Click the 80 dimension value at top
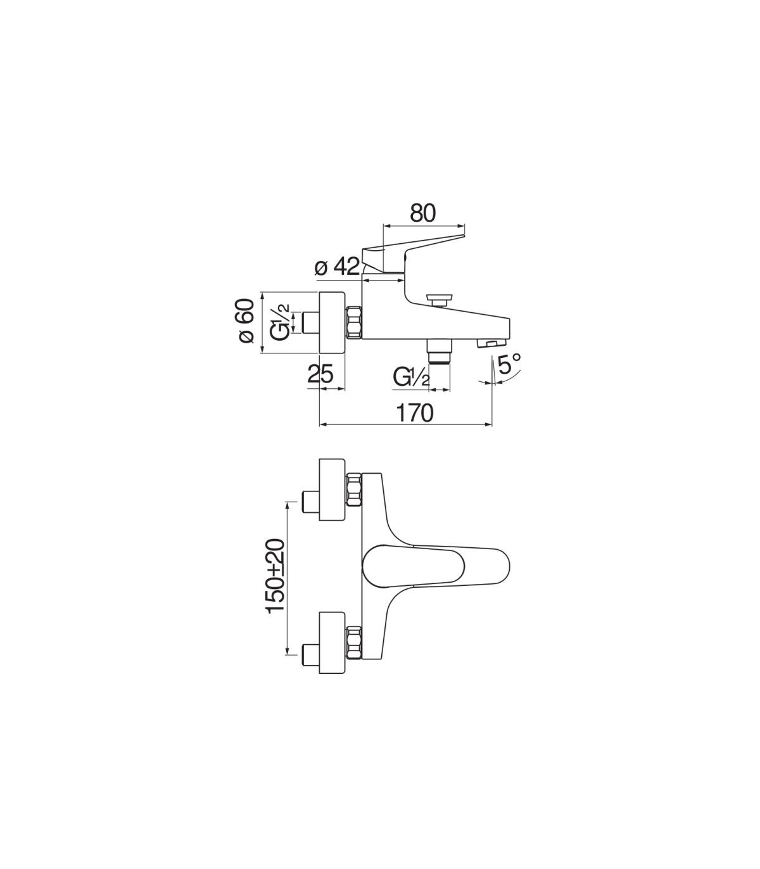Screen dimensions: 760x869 click(423, 213)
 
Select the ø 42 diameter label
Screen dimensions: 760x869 click(337, 267)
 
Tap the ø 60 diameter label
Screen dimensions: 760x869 click(246, 320)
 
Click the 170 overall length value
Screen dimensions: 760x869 click(414, 413)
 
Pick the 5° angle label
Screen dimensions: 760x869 click(509, 363)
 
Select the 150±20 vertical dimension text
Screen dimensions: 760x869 click(275, 576)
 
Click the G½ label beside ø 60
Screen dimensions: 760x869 click(281, 322)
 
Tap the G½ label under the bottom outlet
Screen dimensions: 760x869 click(412, 376)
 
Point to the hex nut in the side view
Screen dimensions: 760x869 click(353, 322)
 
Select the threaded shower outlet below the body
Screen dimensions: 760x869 click(439, 352)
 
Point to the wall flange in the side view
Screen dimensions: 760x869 click(332, 322)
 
